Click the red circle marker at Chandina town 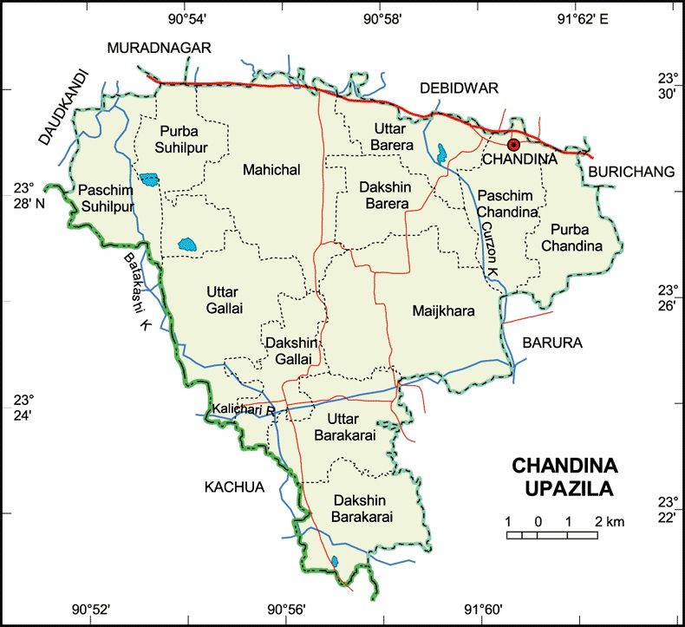coord(513,145)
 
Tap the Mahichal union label coord(271,170)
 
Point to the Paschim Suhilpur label coord(105,197)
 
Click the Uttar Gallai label coord(224,298)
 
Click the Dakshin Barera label coord(386,194)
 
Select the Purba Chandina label coord(571,237)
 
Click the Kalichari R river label coord(244,408)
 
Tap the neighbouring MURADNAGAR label coord(160,49)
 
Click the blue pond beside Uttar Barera coord(442,153)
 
